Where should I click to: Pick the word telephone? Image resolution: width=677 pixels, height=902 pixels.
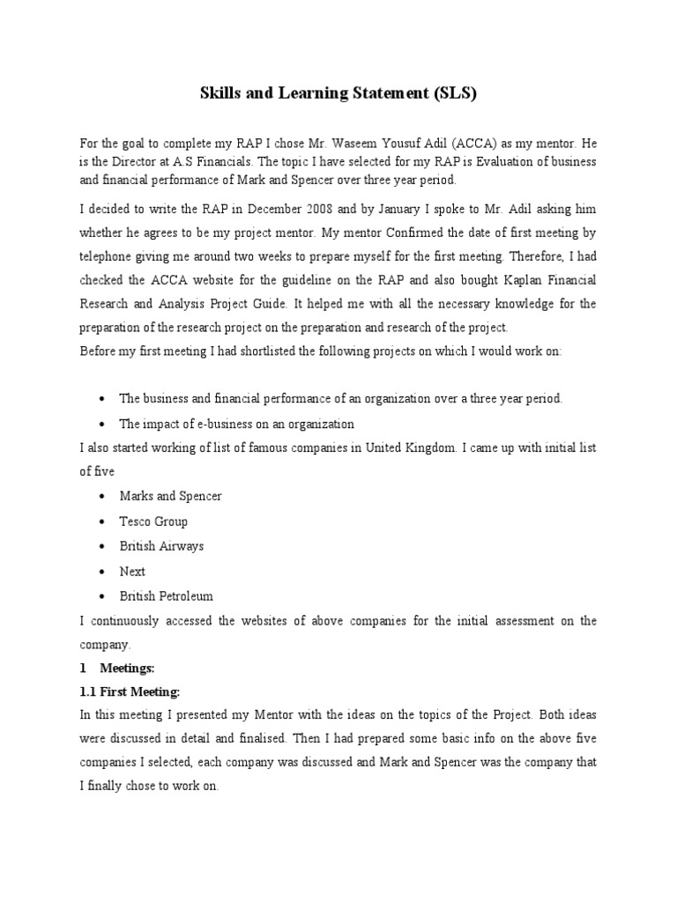(x=109, y=256)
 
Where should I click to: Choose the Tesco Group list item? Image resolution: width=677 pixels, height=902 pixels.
(x=153, y=521)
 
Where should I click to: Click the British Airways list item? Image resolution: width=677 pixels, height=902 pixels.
(x=161, y=546)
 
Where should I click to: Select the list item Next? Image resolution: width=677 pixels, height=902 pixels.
(x=132, y=571)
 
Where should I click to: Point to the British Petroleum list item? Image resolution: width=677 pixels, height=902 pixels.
(x=166, y=595)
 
